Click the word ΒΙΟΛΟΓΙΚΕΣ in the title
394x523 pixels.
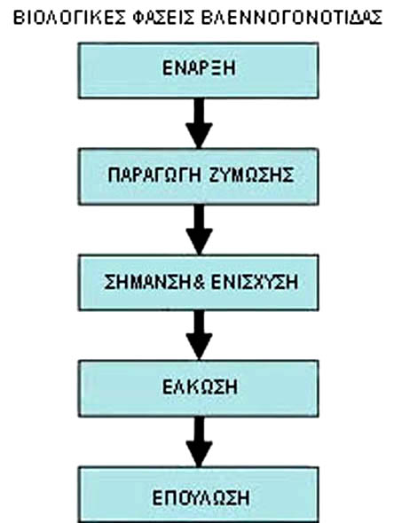click(70, 18)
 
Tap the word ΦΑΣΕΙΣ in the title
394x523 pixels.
click(163, 18)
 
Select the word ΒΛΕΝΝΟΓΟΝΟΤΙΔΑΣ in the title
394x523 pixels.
click(291, 18)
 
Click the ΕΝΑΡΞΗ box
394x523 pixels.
click(199, 70)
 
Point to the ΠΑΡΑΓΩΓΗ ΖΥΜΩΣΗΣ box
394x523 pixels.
click(199, 176)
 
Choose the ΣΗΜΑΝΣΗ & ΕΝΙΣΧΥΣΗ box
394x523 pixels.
click(199, 283)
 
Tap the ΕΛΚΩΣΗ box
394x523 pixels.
click(199, 388)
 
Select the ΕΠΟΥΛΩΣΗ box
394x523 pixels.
click(199, 495)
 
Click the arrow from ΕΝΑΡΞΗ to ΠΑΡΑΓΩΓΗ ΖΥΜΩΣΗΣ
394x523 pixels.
click(199, 123)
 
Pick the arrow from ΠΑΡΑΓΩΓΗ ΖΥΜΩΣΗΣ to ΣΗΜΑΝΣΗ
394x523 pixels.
click(199, 230)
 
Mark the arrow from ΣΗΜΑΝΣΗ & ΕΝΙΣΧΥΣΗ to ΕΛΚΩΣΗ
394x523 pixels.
click(199, 336)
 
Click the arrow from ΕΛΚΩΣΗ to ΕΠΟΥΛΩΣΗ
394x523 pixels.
click(199, 441)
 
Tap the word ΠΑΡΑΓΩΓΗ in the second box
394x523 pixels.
click(154, 175)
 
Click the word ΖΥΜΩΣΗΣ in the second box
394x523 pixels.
click(252, 175)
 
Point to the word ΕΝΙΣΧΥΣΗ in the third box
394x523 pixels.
click(255, 282)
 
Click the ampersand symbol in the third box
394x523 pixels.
click(199, 282)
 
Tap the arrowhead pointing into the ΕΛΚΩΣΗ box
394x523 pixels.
click(199, 347)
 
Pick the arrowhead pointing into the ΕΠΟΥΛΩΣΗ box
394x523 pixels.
click(199, 454)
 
